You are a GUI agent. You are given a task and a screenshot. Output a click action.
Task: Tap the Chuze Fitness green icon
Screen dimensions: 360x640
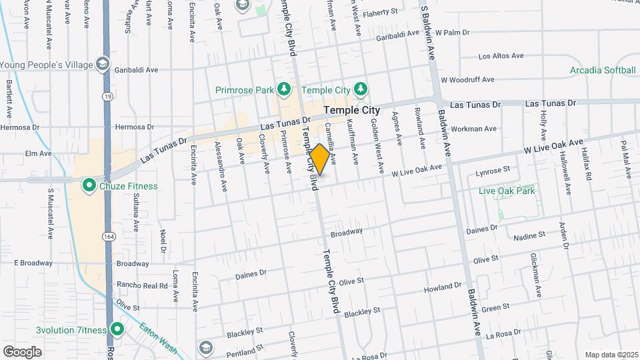click(88, 185)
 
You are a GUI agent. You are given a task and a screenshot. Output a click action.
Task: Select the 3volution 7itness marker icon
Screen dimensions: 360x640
click(118, 329)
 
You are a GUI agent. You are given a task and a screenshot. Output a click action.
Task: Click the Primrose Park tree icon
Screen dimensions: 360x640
click(285, 89)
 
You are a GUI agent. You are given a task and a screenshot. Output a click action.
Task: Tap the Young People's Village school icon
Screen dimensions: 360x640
click(103, 65)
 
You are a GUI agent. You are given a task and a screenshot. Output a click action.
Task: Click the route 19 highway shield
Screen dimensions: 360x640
click(107, 97)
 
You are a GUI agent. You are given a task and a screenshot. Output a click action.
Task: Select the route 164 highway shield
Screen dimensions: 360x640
click(107, 237)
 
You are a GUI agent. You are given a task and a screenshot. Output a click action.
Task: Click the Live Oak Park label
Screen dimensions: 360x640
click(507, 191)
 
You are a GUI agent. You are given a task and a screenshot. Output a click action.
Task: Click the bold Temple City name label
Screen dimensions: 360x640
click(351, 110)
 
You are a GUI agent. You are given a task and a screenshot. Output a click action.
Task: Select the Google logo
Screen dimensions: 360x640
click(22, 351)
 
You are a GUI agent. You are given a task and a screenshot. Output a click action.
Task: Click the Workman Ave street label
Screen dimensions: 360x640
click(473, 128)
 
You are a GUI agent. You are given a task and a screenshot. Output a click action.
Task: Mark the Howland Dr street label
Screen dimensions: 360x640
click(443, 287)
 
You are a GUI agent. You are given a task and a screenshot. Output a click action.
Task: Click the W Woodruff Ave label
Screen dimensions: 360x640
click(471, 79)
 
